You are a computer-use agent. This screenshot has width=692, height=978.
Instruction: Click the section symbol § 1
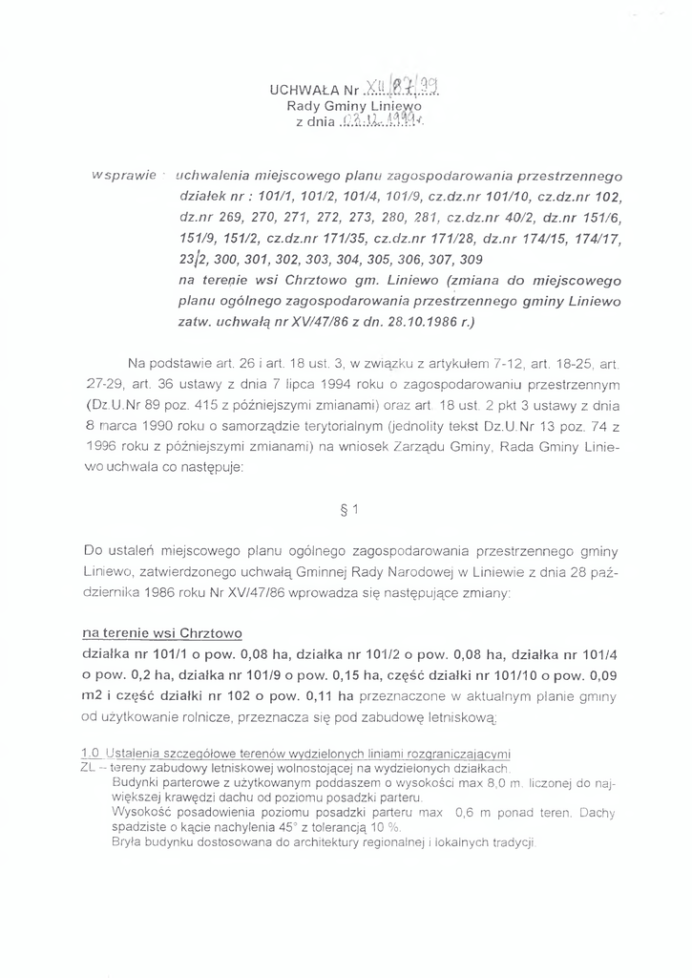coord(348,509)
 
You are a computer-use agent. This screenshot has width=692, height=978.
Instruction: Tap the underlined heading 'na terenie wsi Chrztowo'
coord(162,633)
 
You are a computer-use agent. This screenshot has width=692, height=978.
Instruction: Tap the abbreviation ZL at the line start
coord(89,768)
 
